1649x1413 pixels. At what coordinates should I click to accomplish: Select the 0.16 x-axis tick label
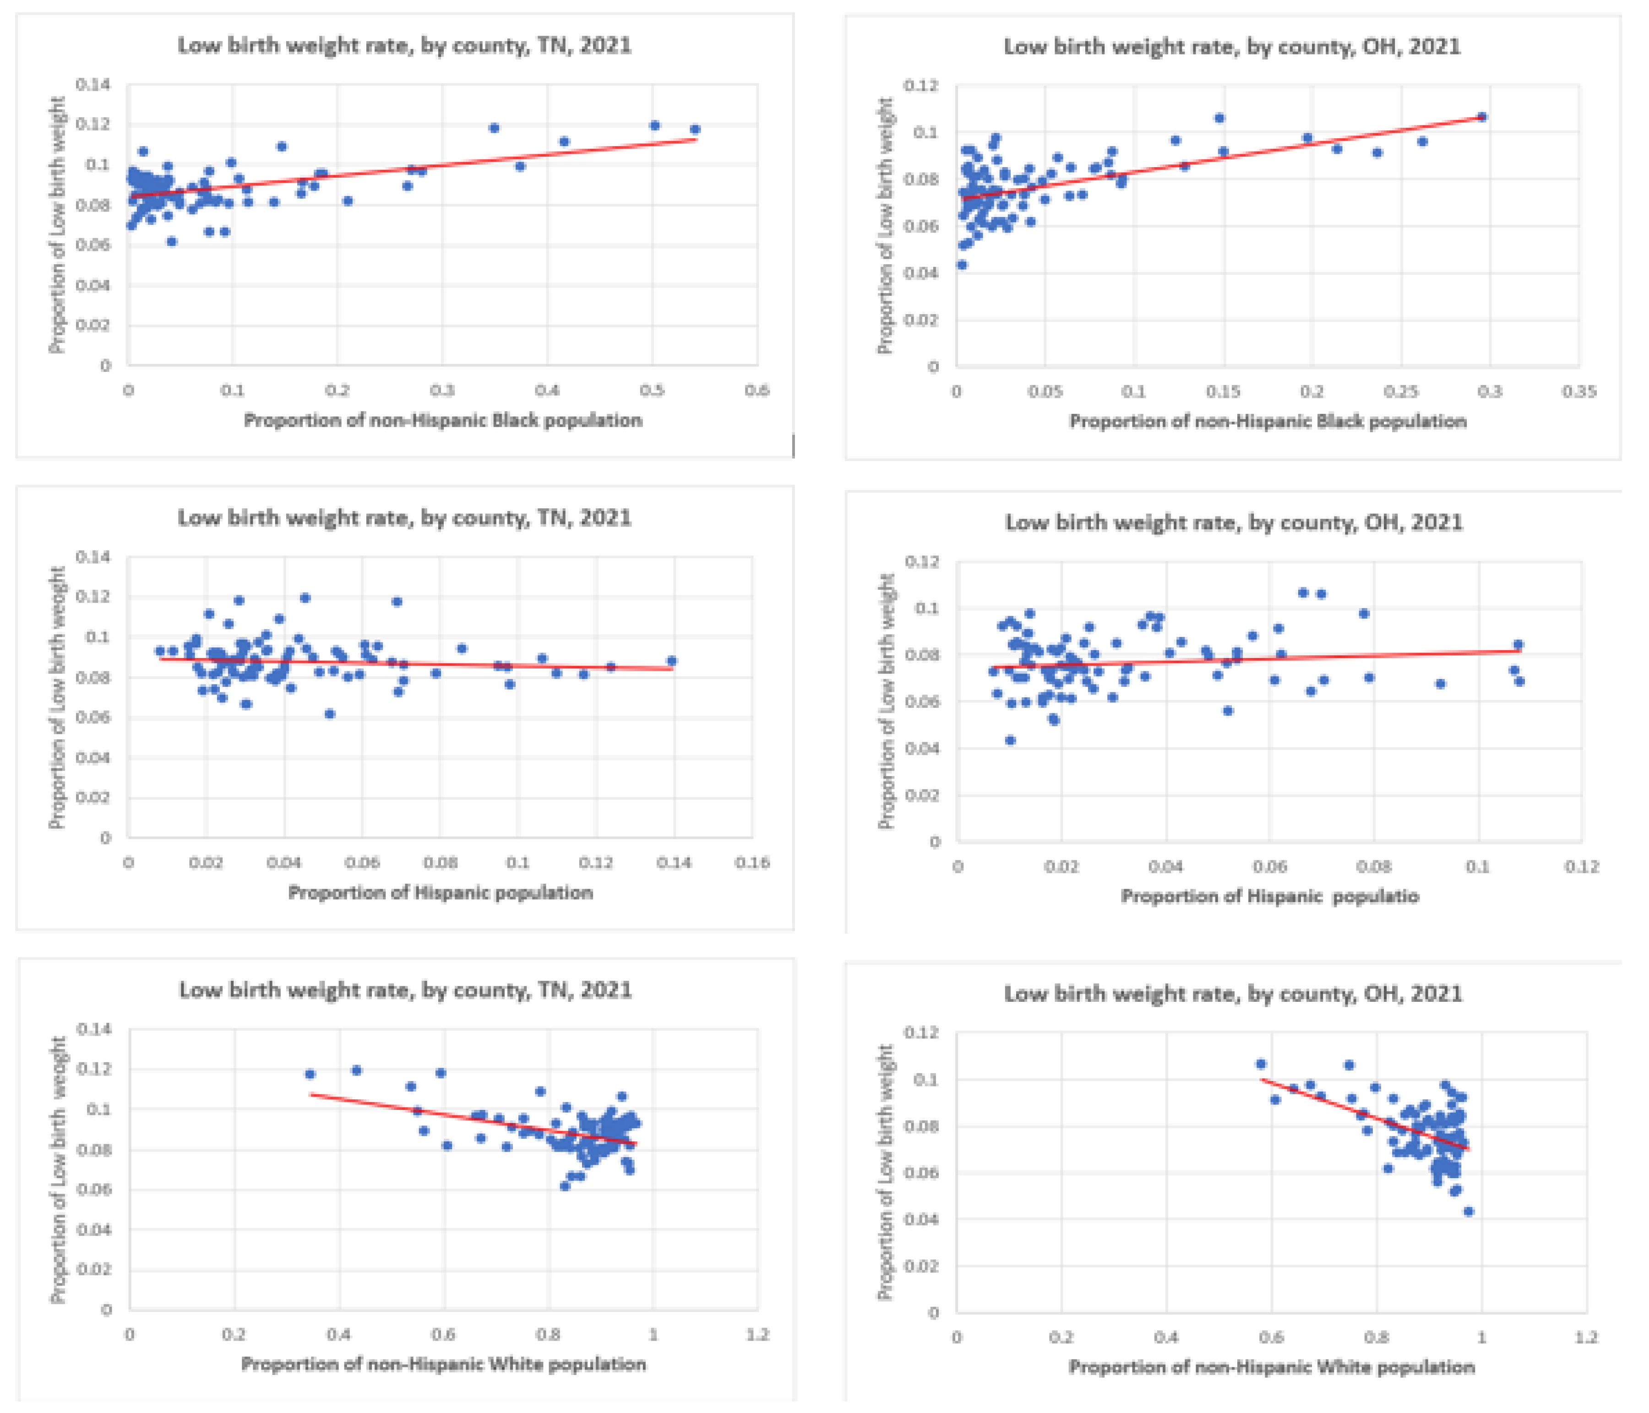coord(752,863)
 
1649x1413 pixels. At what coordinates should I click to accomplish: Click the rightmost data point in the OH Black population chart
coord(1482,117)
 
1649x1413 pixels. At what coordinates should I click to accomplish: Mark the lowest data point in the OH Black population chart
coord(961,265)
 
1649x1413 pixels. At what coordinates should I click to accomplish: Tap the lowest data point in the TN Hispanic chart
coord(330,714)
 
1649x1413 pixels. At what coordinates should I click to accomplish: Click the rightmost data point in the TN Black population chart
coord(695,129)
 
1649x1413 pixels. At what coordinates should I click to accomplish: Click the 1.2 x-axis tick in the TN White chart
coord(757,1334)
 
